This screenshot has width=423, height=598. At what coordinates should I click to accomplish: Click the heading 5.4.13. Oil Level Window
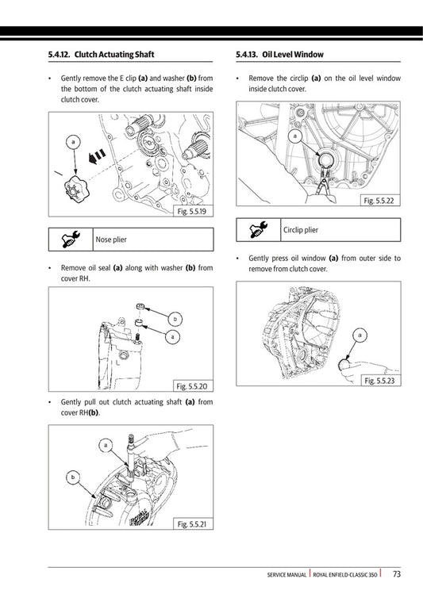[x=280, y=55]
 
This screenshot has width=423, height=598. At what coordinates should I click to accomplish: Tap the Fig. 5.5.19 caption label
[x=192, y=212]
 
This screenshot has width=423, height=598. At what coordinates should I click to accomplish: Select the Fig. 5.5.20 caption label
[x=192, y=386]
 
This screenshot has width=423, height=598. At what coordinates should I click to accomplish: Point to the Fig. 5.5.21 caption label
[x=192, y=524]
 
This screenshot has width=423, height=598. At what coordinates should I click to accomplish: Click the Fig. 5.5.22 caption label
[x=379, y=202]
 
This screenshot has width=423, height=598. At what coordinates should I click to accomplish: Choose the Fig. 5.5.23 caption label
[x=379, y=381]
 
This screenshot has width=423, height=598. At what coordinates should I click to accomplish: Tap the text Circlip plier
[x=301, y=230]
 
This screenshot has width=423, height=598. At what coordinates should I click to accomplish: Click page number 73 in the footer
[x=396, y=574]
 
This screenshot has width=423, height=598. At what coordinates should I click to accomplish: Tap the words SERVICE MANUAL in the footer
[x=287, y=575]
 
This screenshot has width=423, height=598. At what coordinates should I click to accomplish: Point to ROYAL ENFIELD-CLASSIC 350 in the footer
[x=345, y=575]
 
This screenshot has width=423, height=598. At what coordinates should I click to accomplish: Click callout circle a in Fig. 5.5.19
[x=73, y=142]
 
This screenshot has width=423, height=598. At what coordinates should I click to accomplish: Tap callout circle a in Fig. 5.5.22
[x=294, y=136]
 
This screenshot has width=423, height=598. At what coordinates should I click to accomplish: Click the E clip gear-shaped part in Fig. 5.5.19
[x=75, y=190]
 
